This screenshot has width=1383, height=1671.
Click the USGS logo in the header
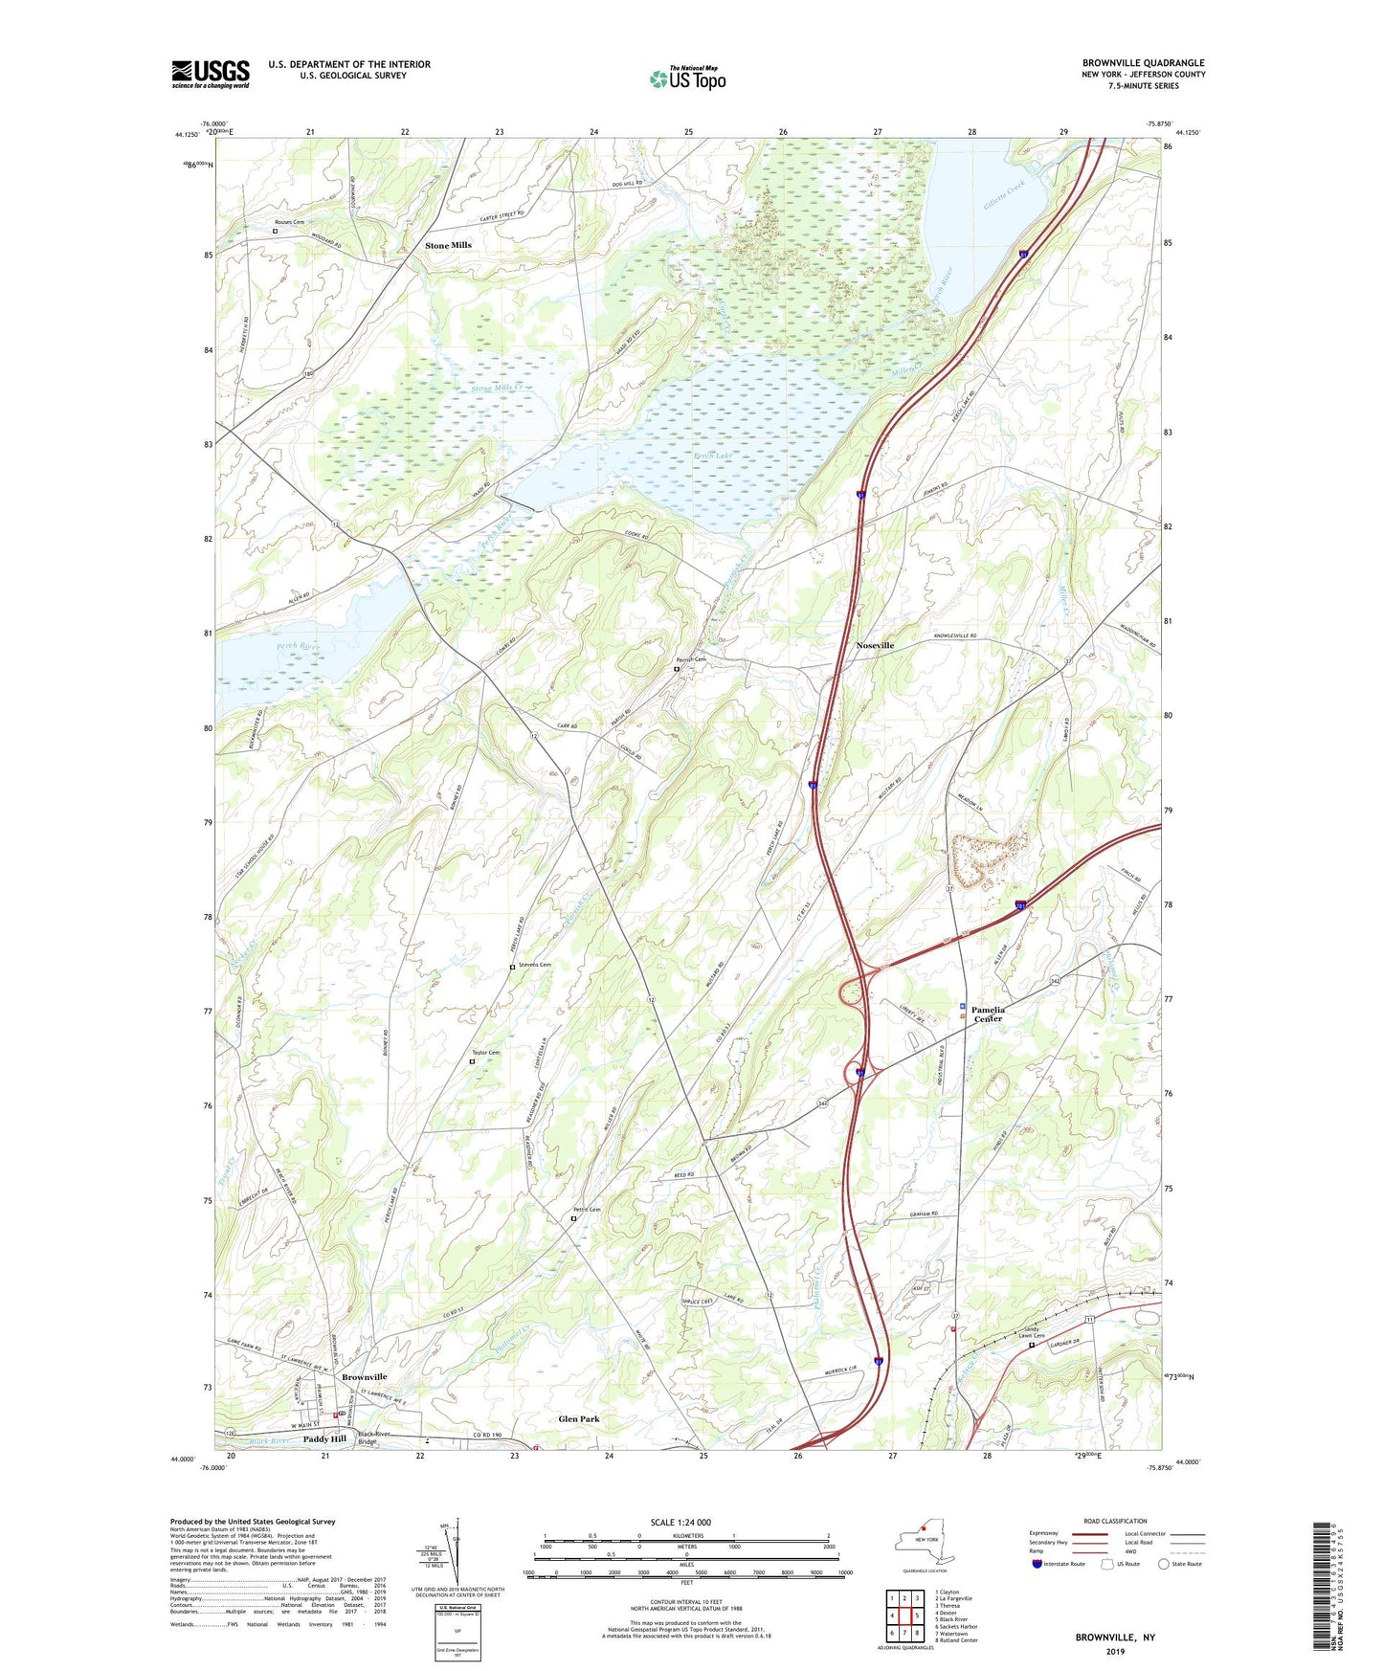tap(211, 74)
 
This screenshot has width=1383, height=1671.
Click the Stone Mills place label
tap(448, 246)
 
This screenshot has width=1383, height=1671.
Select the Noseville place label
tap(874, 646)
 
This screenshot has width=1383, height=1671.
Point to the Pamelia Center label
tap(988, 1014)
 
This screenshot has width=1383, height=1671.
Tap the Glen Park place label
tap(579, 1419)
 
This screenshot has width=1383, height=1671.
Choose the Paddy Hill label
tap(324, 1439)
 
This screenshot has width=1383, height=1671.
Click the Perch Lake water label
tap(713, 457)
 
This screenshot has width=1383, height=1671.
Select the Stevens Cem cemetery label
tap(534, 965)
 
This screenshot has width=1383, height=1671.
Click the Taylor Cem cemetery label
tap(485, 1053)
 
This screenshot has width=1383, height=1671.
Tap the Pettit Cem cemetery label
tap(586, 1210)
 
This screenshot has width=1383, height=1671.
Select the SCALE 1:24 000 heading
tap(680, 1523)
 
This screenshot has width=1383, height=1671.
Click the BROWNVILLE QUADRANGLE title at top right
tap(1143, 63)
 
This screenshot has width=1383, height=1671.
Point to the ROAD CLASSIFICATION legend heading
tap(1115, 1521)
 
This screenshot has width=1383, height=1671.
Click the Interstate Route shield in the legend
tap(1038, 1565)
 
